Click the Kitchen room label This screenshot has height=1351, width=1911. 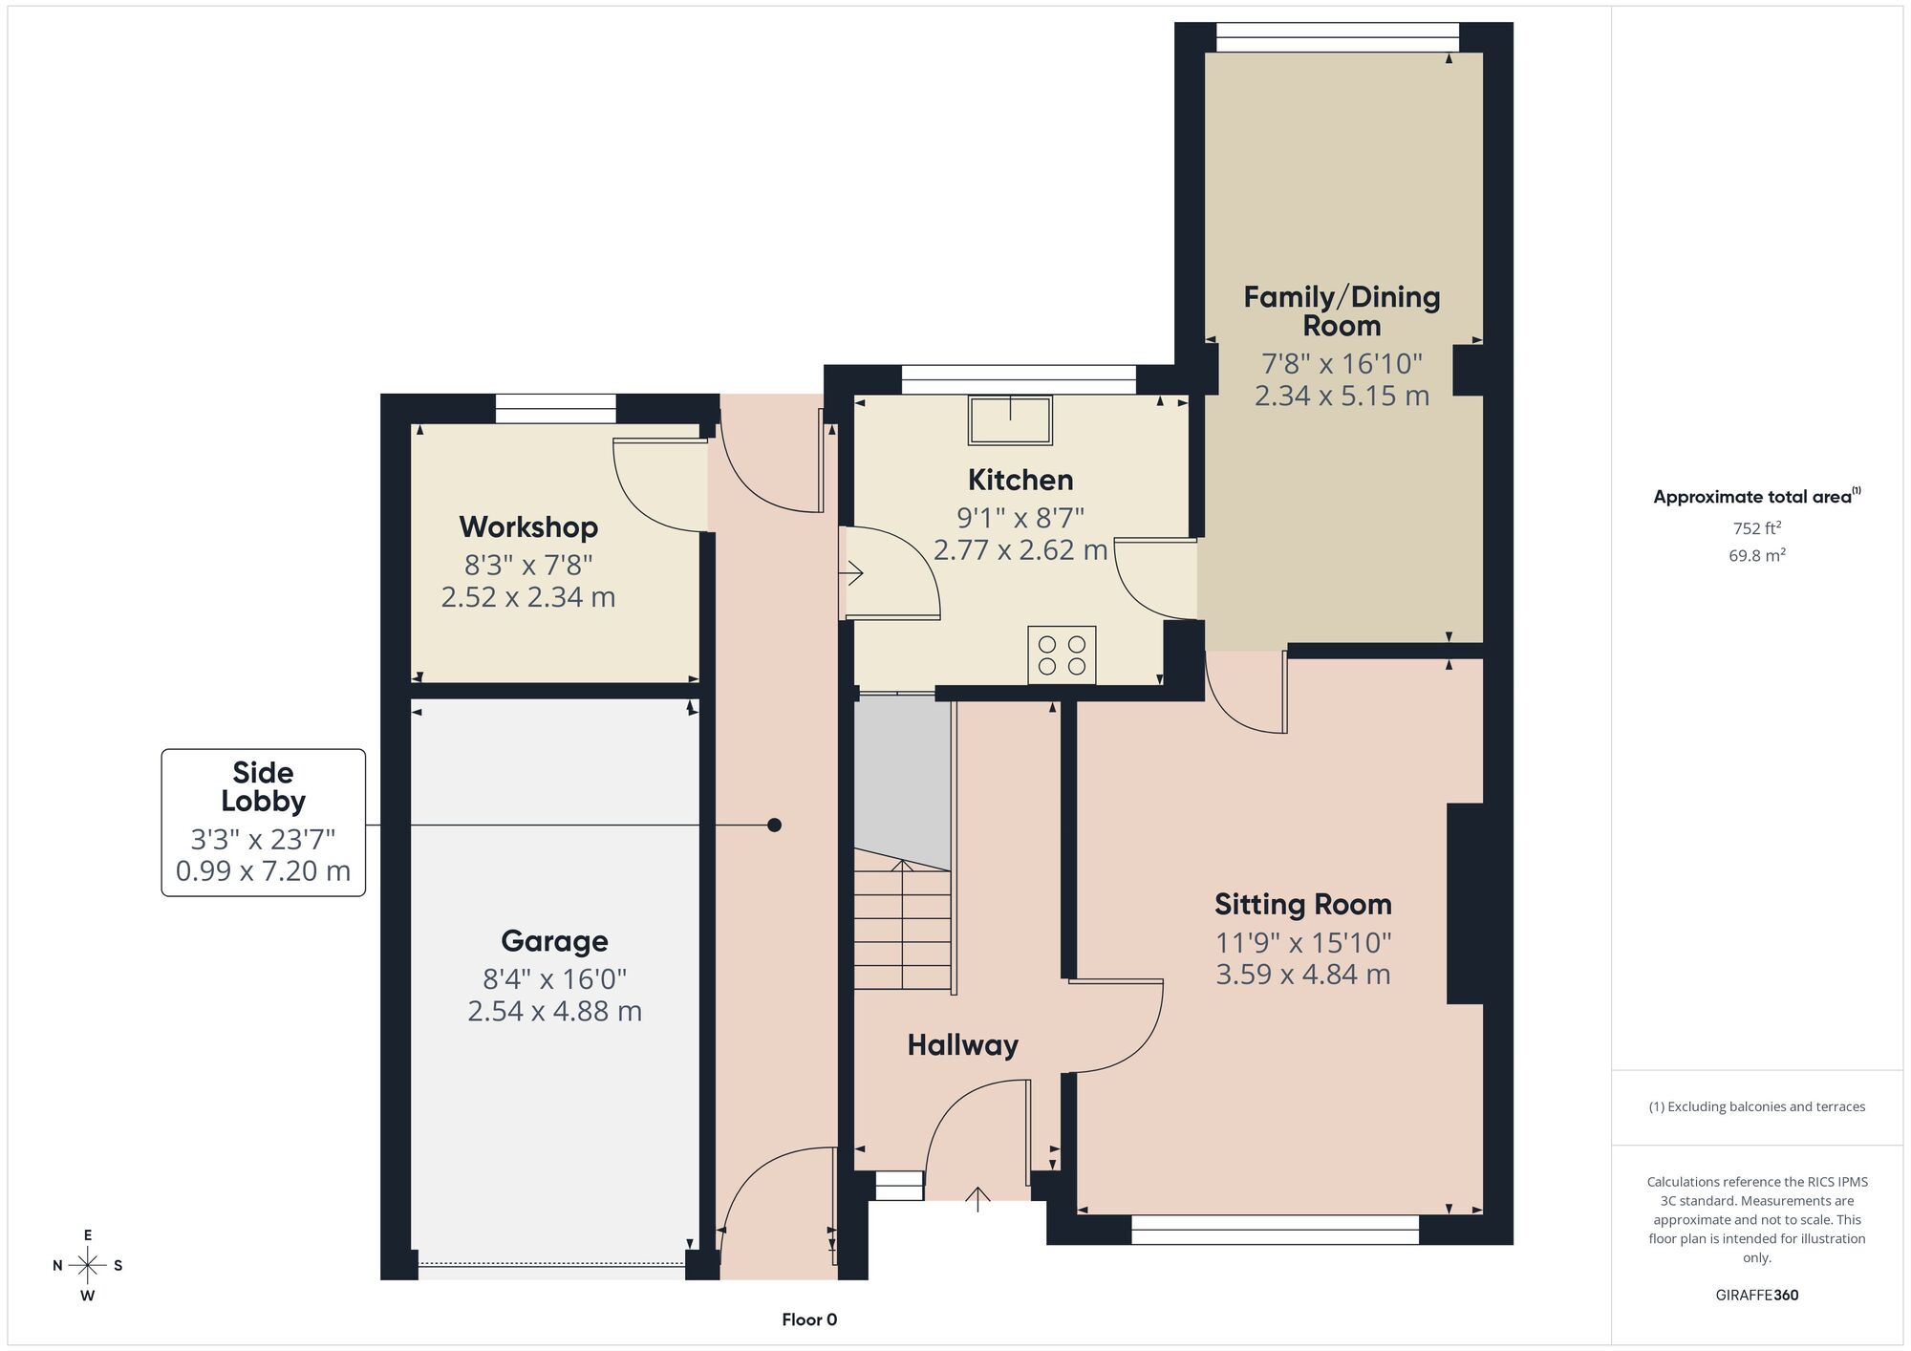coord(1020,480)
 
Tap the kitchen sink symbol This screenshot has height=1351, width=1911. coord(1010,420)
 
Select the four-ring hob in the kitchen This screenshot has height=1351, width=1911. coord(1062,654)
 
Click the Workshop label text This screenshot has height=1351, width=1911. coord(528,527)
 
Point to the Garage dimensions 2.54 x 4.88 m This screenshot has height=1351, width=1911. coord(554,1011)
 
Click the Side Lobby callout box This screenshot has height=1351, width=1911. coord(263,823)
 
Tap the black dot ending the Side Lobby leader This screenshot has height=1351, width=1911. coord(774,825)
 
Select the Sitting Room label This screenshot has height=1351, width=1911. coord(1303,904)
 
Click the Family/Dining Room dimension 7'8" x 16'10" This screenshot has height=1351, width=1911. coord(1342,364)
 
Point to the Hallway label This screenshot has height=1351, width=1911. coord(962,1045)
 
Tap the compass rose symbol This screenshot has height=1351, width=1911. coord(88,1266)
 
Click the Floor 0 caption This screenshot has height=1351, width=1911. coord(809,1320)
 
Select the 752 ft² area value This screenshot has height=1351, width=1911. coord(1757,528)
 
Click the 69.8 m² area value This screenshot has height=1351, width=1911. coord(1757,555)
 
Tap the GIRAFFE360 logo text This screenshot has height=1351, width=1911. coord(1757,1296)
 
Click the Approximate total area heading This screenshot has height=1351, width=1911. coord(1757,496)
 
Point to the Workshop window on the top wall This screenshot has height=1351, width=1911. coord(555,409)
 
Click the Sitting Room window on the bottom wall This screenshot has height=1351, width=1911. coord(1276,1230)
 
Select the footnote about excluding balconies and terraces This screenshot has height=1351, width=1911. coord(1757,1107)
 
